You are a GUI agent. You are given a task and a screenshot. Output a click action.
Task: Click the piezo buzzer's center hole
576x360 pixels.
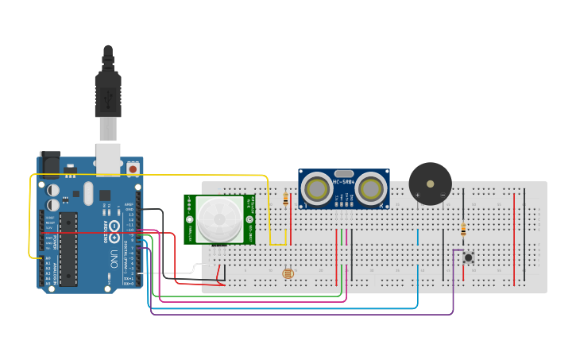point(431,184)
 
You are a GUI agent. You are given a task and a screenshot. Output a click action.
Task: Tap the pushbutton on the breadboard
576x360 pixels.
point(469,257)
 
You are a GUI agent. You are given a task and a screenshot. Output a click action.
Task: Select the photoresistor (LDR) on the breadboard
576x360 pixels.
point(288,273)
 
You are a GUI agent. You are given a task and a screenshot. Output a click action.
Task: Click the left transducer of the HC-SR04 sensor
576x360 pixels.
point(318,189)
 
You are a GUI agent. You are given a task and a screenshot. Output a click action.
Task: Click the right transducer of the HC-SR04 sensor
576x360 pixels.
point(370,189)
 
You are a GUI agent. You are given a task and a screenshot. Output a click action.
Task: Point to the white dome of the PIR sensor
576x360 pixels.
point(219,219)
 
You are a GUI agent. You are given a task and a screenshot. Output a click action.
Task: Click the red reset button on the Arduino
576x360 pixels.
point(133,168)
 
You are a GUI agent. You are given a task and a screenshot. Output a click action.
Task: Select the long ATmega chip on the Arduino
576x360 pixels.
point(69,248)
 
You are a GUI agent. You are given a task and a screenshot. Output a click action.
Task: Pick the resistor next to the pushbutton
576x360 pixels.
point(463,230)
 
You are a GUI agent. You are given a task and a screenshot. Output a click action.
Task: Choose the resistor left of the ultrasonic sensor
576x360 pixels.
point(285,199)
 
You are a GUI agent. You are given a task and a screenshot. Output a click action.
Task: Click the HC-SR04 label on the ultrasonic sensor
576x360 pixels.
point(344,182)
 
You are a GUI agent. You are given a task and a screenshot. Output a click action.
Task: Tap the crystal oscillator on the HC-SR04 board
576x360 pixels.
point(344,172)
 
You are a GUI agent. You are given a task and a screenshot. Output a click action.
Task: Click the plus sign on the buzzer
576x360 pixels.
point(418,195)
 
